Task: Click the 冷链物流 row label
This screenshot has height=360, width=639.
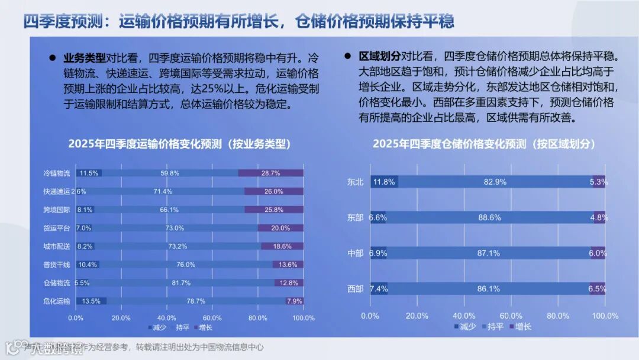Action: click(x=56, y=173)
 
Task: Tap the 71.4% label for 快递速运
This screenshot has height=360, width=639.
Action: click(x=162, y=191)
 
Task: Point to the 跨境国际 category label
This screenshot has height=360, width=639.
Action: click(x=56, y=210)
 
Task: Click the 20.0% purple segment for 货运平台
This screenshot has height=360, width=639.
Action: click(x=280, y=228)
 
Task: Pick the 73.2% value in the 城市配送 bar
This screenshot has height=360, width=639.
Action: click(x=177, y=246)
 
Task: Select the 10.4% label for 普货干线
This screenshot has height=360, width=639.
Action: click(x=88, y=265)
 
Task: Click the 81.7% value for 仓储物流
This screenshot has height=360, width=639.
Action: click(x=180, y=283)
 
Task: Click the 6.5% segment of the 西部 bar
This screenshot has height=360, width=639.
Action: click(x=597, y=289)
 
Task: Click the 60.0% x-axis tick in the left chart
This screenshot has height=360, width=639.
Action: click(x=212, y=318)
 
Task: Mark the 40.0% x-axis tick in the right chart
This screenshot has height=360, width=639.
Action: click(x=463, y=316)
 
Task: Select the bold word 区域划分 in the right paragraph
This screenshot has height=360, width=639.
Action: click(x=379, y=57)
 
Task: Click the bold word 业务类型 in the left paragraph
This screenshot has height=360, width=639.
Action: click(x=85, y=58)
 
